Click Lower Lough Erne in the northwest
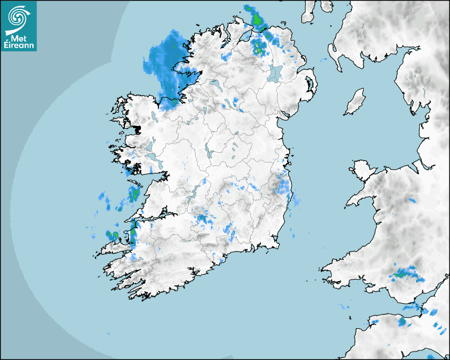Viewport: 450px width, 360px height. tap(214, 83)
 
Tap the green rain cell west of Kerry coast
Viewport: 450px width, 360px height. tap(112, 235)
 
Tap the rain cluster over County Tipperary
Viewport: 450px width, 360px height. tap(202, 220)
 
